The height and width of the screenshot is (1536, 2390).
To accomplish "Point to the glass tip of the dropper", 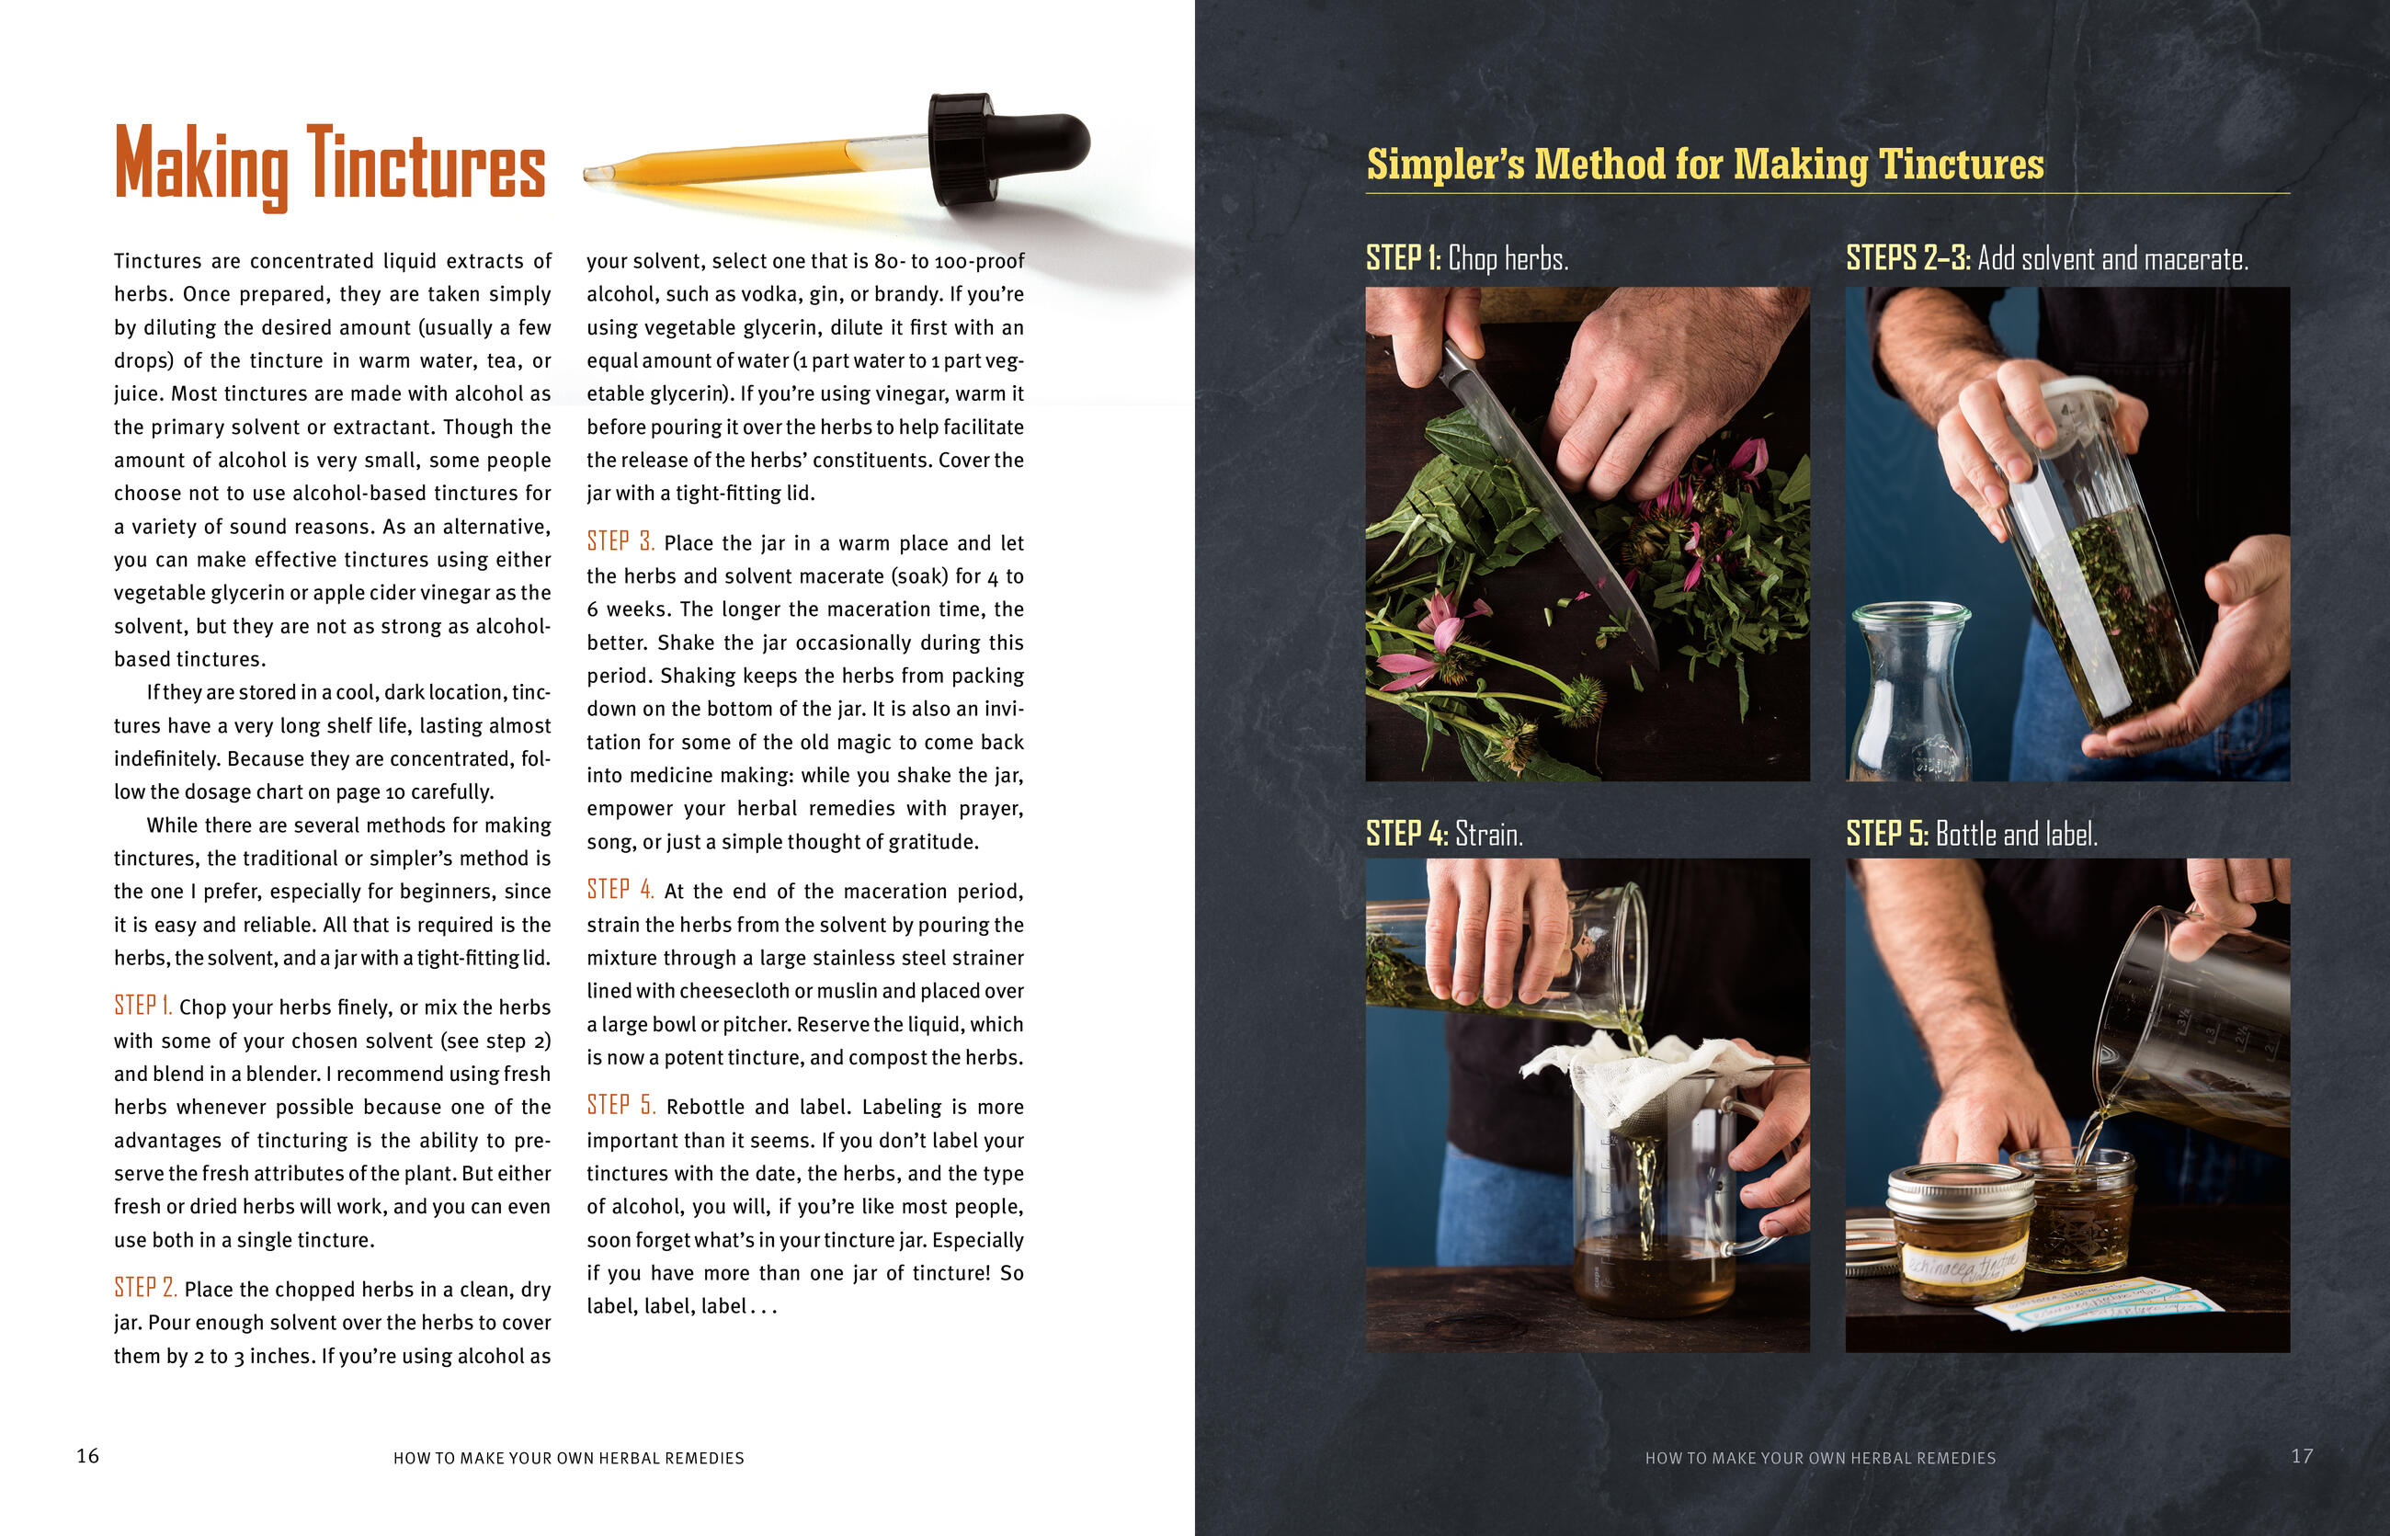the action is (597, 174).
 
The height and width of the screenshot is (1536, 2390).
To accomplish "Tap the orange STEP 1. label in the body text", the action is (142, 1006).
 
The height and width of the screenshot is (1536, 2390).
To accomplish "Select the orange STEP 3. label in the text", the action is (620, 540).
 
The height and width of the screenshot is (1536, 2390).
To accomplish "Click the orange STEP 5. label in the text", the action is (620, 1105).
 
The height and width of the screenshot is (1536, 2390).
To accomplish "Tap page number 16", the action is (87, 1456).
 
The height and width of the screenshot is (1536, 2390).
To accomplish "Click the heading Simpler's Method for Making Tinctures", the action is (1705, 165).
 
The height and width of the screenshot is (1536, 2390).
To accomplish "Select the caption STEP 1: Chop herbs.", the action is (1467, 258).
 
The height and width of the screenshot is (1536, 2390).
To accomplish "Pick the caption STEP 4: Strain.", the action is (1444, 833).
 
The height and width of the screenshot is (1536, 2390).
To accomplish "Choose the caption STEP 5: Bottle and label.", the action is (1971, 833).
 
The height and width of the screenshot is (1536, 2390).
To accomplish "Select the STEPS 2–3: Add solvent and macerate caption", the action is (2047, 258).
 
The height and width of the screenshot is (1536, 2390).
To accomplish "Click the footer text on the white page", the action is (569, 1458).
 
